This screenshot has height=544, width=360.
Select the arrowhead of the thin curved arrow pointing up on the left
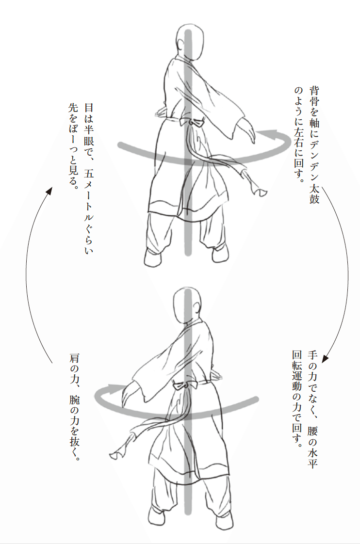pyautogui.click(x=49, y=191)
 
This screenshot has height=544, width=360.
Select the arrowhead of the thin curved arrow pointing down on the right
pyautogui.click(x=325, y=358)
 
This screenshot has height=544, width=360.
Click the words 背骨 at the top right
pyautogui.click(x=314, y=96)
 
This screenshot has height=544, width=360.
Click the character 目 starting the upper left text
pyautogui.click(x=89, y=108)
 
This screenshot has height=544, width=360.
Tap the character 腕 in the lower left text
pyautogui.click(x=74, y=400)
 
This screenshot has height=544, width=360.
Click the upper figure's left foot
pyautogui.click(x=153, y=258)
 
